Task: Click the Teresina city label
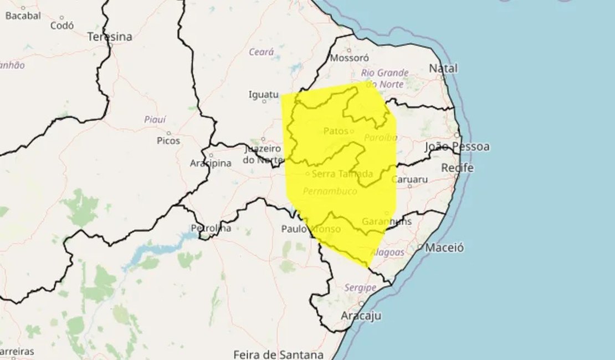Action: [110, 37]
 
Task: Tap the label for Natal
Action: [443, 68]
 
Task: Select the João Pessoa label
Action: [457, 147]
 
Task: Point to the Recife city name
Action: [457, 167]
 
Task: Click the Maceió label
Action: [444, 248]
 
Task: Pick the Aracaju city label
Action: [361, 315]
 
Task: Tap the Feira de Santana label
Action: [278, 354]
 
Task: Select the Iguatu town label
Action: [263, 95]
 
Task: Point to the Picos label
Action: [168, 141]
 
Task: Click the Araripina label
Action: [211, 164]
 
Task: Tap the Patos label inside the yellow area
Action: [335, 131]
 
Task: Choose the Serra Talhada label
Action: [342, 174]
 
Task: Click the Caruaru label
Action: [409, 179]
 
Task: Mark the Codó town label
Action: [62, 25]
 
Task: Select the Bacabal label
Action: [23, 16]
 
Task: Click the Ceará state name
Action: [262, 52]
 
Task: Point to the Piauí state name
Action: [155, 119]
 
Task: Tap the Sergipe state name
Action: [360, 287]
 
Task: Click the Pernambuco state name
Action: [330, 191]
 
